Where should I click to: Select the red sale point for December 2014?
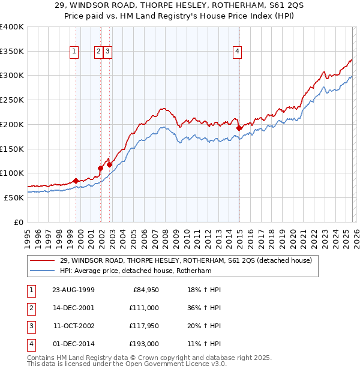239,128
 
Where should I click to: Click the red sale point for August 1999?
76,181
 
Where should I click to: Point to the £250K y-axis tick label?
12,100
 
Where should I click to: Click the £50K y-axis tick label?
14,197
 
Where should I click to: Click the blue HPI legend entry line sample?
43,271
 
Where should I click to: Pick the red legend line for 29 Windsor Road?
43,260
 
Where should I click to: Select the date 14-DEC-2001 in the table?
73,308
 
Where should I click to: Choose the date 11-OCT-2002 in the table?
73,326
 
